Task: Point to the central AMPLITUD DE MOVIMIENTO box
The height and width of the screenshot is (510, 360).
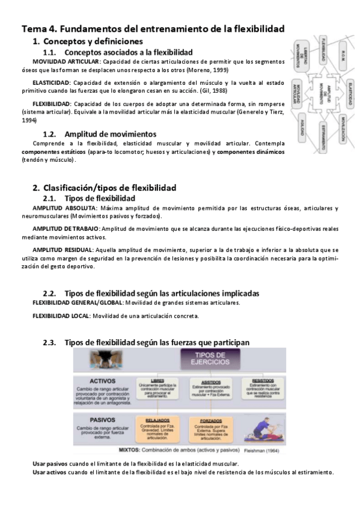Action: coord(325,95)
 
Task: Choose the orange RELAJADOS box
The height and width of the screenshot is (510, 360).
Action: coord(159,428)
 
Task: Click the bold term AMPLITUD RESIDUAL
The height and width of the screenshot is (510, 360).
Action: coord(63,250)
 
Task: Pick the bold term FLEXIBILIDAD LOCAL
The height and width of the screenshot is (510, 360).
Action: coord(61,316)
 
